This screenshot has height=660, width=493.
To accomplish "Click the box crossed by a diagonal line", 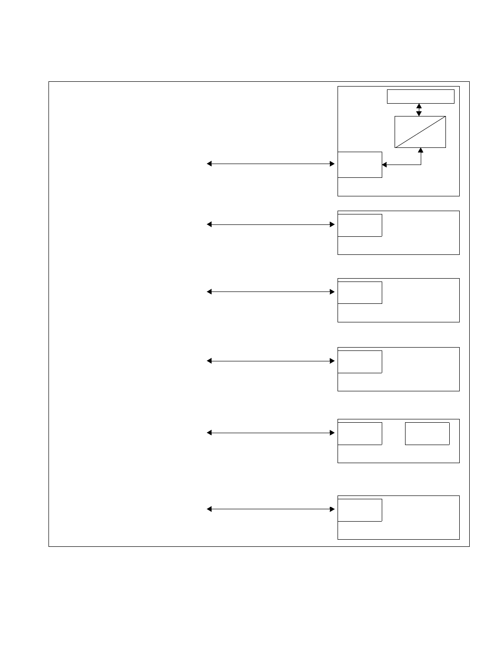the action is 420,132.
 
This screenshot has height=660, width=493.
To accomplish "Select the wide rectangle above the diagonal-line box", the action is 421,96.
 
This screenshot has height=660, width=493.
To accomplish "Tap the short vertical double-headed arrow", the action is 419,110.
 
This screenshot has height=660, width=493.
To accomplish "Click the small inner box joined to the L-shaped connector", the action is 360,165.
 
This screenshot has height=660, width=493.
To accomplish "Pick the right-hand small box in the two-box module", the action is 427,433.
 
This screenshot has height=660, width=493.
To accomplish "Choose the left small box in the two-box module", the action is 360,433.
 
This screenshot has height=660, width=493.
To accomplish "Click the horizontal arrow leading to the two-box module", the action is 271,433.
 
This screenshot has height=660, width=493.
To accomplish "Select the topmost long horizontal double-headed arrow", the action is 271,164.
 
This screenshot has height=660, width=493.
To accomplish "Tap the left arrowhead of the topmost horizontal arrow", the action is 209,164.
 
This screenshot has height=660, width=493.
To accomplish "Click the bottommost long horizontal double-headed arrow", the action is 271,509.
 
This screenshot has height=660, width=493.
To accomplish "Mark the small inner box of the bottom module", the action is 360,510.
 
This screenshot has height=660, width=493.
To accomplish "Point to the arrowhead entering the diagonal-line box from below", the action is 421,150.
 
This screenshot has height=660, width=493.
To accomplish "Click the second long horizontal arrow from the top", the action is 271,224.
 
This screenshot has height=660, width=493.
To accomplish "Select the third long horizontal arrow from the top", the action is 271,292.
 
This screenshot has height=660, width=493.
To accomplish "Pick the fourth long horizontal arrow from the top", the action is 271,361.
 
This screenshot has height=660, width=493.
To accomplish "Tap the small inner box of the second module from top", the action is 360,225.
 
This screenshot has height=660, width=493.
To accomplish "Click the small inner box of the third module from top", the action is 360,292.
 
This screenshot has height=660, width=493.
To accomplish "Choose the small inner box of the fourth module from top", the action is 360,361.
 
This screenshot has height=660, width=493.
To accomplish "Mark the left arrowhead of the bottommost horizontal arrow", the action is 209,509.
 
